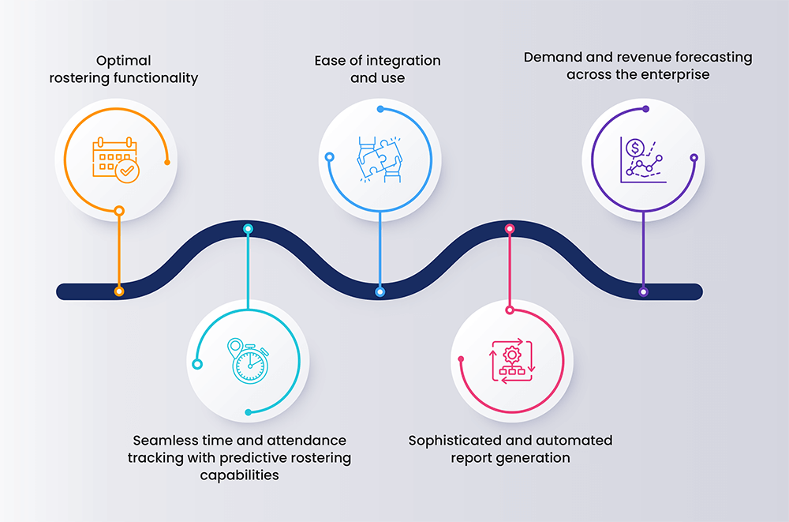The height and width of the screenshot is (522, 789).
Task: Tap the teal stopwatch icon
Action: [x=249, y=361]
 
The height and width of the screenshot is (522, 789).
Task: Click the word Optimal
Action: [x=124, y=61]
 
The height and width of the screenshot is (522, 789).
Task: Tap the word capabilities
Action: [x=239, y=475]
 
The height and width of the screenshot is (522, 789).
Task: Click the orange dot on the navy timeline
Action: [x=119, y=291]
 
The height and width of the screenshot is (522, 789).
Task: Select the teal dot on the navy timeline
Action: [x=248, y=229]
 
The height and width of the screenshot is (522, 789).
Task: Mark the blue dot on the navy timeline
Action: [x=380, y=291]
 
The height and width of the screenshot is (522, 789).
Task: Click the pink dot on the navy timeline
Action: [x=510, y=229]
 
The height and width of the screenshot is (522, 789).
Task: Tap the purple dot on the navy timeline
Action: [x=643, y=291]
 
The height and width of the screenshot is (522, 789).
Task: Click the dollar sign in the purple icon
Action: [x=634, y=147]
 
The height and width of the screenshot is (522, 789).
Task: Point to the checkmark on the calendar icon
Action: [x=126, y=171]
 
